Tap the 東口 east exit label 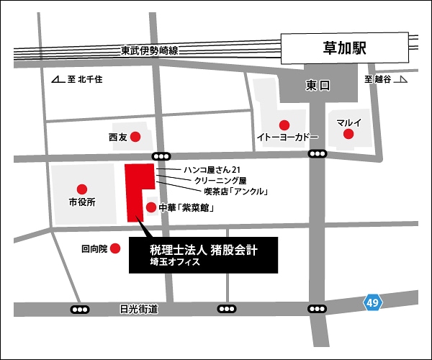317,86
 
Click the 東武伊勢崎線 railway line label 150,50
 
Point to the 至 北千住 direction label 78,79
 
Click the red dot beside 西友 135,135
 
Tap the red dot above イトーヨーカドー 284,123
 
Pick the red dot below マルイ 348,134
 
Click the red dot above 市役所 81,189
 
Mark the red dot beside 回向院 114,249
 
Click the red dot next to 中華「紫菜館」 150,207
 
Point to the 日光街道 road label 139,309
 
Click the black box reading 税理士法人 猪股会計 202,255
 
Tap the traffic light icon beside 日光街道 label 81,309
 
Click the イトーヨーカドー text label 287,136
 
